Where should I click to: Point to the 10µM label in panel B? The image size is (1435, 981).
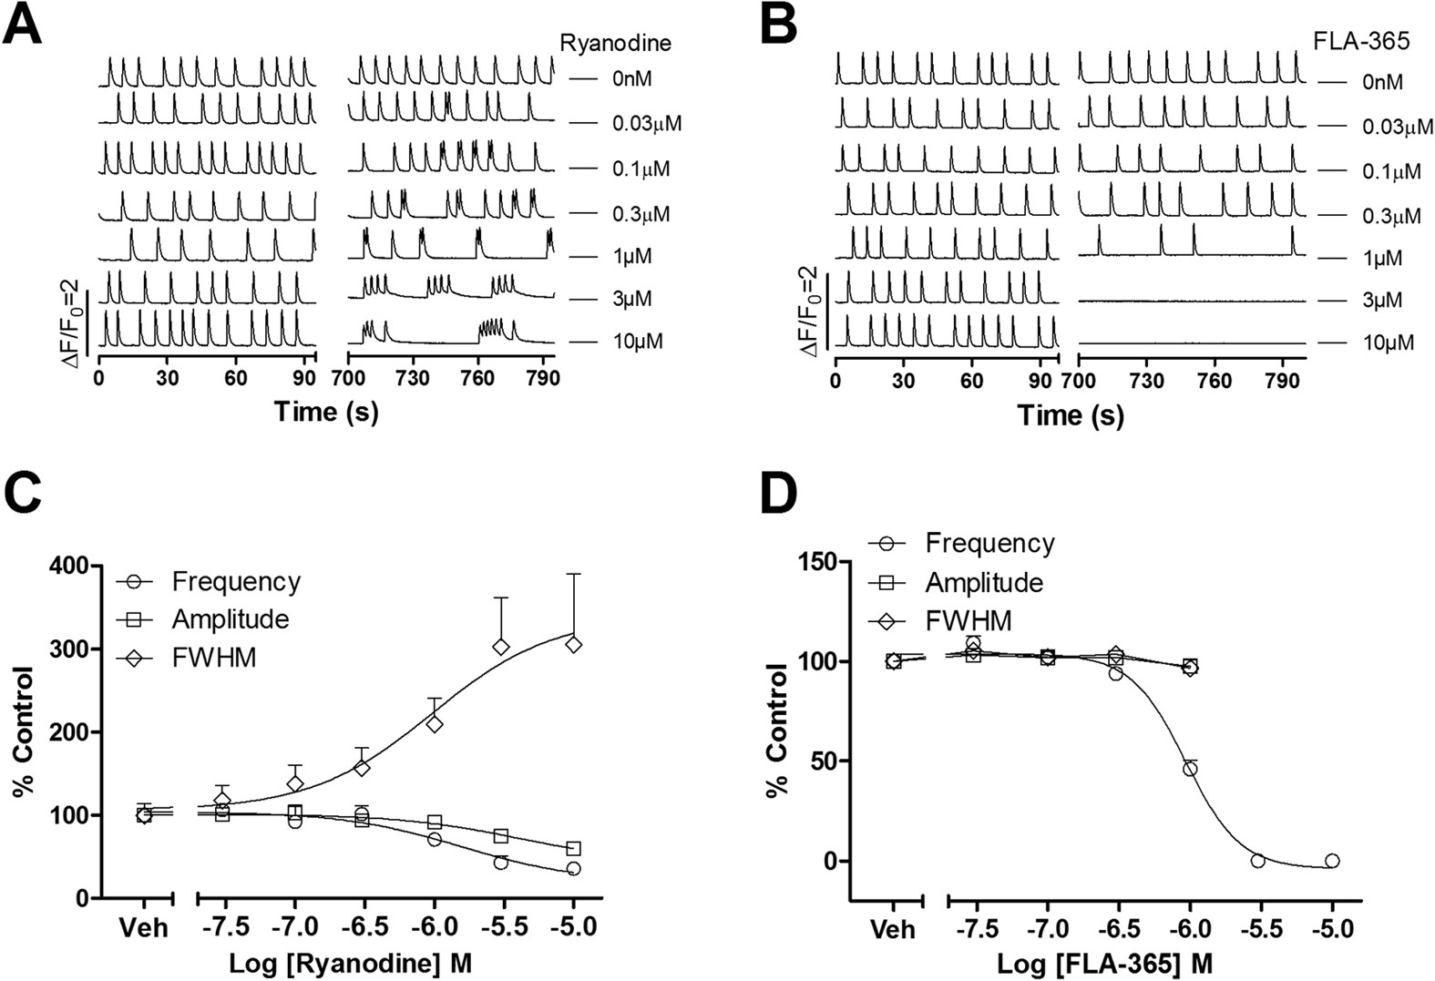tap(1388, 343)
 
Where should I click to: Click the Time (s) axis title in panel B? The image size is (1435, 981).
tap(1071, 415)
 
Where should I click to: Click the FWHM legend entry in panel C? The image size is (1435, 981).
tap(214, 657)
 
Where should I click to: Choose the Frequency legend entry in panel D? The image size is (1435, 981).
tap(989, 544)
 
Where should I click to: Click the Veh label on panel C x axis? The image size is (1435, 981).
tap(144, 928)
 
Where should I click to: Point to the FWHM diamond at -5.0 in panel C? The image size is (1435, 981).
tap(573, 644)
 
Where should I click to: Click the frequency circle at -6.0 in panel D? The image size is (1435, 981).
tap(1190, 769)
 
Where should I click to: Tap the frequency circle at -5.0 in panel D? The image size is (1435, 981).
tap(1332, 860)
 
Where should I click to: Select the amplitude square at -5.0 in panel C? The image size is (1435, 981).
tap(573, 848)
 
